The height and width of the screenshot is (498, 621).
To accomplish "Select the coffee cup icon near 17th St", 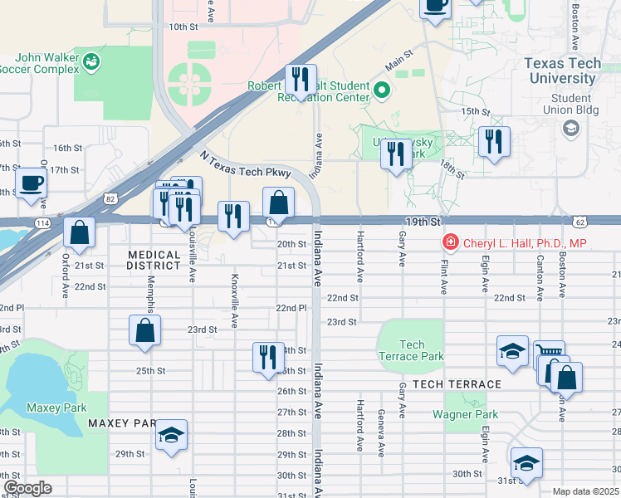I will pyautogui.click(x=32, y=183).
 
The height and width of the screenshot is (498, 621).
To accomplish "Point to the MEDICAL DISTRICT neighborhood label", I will pyautogui.click(x=154, y=260).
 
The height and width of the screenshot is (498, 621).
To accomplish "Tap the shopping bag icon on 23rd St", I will pyautogui.click(x=144, y=330).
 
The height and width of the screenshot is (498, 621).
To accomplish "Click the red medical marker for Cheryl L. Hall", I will pyautogui.click(x=449, y=243).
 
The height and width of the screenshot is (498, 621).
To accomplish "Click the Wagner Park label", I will pyautogui.click(x=465, y=414).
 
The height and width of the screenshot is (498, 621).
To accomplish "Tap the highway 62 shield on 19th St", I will pyautogui.click(x=579, y=222).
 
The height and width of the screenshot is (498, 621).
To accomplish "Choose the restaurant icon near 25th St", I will pyautogui.click(x=268, y=358).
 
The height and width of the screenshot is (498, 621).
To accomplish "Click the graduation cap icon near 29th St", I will pyautogui.click(x=172, y=435).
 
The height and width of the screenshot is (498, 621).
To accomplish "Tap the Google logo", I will pyautogui.click(x=27, y=487).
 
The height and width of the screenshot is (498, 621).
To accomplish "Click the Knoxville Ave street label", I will pyautogui.click(x=235, y=300).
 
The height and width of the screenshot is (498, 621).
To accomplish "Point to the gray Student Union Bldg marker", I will pyautogui.click(x=570, y=128).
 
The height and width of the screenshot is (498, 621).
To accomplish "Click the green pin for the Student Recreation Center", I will pyautogui.click(x=382, y=90).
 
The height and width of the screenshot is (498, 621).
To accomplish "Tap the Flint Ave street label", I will pyautogui.click(x=443, y=275).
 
